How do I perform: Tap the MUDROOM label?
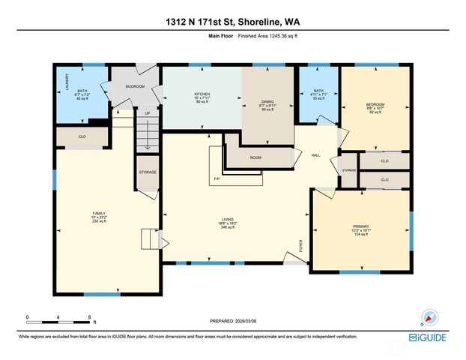point(135,86)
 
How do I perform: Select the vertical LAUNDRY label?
point(67,81)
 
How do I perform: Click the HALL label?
point(316,155)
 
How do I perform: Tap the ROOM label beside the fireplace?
point(255,157)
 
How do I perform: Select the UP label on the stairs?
point(147,114)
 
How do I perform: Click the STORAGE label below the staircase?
point(147,172)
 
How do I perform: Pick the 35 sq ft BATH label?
point(318,94)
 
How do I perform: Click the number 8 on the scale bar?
point(90,317)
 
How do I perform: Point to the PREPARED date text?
point(232,321)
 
